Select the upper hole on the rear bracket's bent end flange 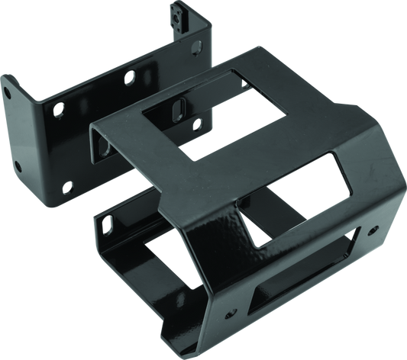[x=8, y=88]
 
